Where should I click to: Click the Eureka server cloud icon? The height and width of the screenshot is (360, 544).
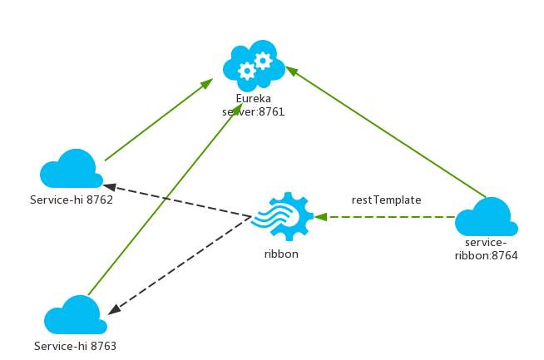(x=254, y=65)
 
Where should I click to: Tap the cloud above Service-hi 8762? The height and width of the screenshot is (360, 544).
(x=72, y=170)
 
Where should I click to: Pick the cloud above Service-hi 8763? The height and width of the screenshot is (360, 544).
(x=74, y=315)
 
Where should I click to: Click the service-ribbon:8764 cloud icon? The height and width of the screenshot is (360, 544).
(x=487, y=218)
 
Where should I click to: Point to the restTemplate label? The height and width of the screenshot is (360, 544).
(x=386, y=200)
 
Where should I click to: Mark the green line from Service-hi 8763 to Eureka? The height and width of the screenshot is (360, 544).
(x=158, y=204)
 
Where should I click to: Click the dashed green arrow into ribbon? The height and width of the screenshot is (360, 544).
(x=387, y=218)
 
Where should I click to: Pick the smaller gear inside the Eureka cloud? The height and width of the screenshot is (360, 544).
(x=264, y=60)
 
